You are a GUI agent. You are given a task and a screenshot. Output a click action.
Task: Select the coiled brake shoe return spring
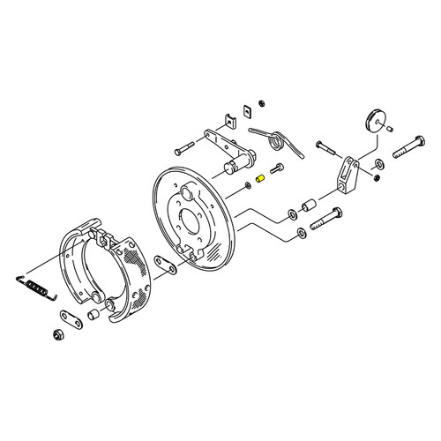tap(35, 285)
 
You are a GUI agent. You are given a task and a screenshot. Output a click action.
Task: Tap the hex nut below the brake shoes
tap(58, 333)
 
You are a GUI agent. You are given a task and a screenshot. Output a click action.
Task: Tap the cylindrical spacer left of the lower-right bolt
tap(310, 206)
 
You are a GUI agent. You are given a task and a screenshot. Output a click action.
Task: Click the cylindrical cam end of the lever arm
tap(235, 165)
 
